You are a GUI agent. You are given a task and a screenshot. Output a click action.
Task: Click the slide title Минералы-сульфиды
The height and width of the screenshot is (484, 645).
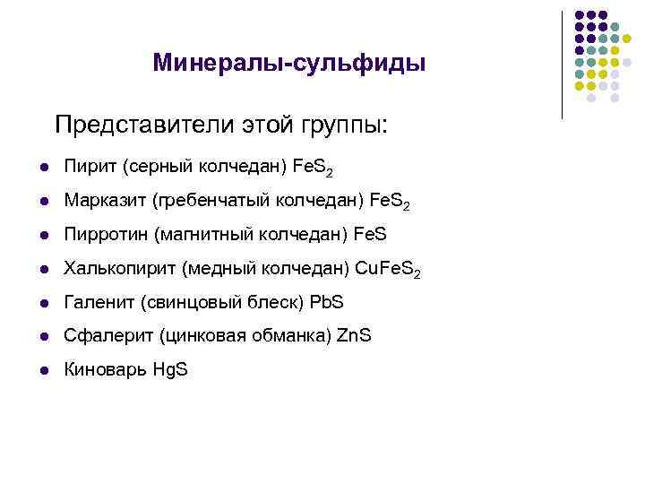click(288, 63)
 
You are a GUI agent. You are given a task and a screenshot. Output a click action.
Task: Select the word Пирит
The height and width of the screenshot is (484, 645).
click(90, 167)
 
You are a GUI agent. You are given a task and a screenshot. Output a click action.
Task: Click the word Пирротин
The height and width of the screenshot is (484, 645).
click(107, 234)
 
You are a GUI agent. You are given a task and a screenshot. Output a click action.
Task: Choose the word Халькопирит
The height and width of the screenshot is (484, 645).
click(120, 268)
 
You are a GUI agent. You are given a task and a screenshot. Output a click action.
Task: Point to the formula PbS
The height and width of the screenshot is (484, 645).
click(326, 302)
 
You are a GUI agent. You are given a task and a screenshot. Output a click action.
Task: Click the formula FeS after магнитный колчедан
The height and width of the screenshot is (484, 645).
click(370, 234)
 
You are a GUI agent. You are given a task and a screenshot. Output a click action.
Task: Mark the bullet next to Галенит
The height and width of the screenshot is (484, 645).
click(42, 303)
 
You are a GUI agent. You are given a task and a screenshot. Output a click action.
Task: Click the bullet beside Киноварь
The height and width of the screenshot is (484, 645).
click(42, 370)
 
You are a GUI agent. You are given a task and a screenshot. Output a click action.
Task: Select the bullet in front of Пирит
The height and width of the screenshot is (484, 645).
click(42, 168)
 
